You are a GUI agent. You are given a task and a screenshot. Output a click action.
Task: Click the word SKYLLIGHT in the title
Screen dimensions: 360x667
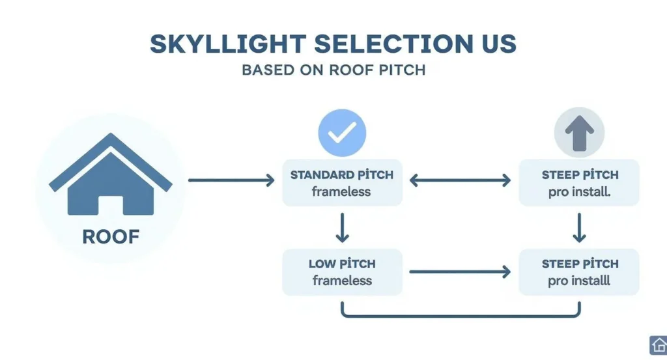227,44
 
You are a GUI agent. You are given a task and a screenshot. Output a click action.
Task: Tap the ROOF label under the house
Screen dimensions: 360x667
111,236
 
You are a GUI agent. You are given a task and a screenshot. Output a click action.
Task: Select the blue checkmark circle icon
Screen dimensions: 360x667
341,133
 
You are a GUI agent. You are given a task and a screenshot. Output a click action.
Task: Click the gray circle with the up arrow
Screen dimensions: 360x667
579,133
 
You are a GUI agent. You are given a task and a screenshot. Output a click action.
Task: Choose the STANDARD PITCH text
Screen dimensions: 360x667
341,175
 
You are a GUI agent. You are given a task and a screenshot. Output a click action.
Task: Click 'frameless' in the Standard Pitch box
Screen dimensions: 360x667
341,192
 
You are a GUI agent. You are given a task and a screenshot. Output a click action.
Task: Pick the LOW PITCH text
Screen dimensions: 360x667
341,264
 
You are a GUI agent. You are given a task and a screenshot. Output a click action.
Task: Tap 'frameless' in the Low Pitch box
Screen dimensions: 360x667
341,281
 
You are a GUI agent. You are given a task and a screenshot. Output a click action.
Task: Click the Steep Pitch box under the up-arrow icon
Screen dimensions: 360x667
579,183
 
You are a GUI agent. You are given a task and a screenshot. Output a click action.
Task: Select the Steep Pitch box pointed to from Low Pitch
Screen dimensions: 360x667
579,272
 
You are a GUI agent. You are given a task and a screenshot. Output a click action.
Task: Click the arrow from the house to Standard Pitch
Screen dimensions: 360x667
231,180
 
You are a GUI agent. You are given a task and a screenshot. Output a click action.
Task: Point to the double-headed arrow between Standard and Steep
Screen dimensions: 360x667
460,180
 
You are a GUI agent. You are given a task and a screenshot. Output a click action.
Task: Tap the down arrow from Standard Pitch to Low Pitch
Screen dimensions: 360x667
342,228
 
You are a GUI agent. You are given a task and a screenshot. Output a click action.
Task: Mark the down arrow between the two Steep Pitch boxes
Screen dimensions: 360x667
579,228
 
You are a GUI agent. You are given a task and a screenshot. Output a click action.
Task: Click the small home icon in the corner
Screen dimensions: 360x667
657,344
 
